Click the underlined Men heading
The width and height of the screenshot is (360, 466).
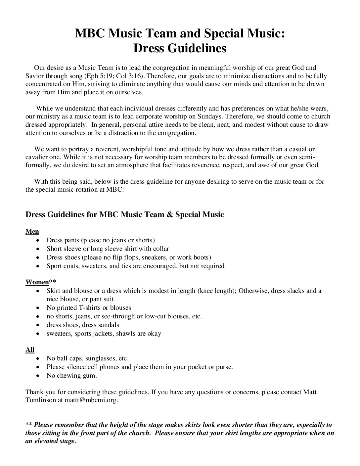tap(32, 232)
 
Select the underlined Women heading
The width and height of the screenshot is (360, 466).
tap(37, 282)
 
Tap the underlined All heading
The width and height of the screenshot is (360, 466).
tap(30, 350)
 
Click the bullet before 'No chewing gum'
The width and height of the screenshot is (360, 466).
tap(39, 376)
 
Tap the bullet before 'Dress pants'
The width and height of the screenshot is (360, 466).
tap(39, 240)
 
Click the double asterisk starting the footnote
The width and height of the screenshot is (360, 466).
tap(29, 425)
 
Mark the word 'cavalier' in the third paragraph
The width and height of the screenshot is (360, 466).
tap(36, 157)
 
